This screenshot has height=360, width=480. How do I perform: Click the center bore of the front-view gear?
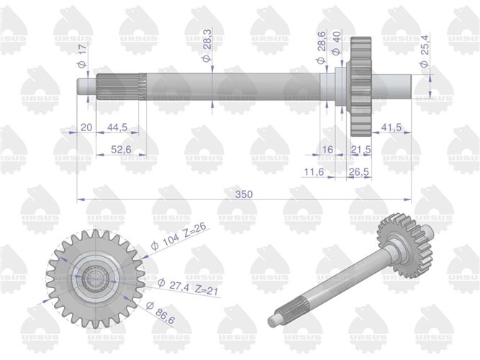94,277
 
